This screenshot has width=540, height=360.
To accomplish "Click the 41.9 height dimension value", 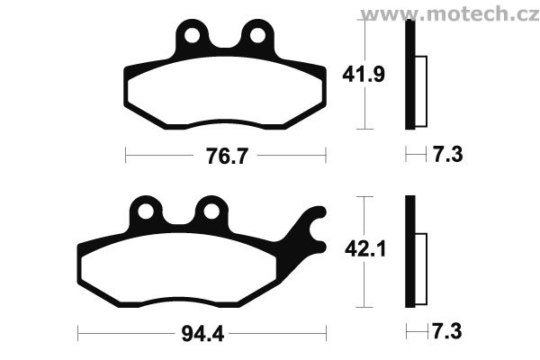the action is click(364, 75).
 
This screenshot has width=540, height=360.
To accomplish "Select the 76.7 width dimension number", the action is click(227, 156).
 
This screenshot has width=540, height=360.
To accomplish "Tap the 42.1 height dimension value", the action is click(365, 248).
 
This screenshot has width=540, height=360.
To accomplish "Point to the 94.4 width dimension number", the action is click(202, 334).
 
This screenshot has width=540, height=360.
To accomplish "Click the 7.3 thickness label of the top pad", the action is click(447, 154).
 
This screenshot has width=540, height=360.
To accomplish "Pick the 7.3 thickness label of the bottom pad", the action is click(446, 331).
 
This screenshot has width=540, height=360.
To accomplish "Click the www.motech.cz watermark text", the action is click(450, 14).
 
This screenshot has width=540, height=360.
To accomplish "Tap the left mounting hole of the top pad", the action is click(193, 35).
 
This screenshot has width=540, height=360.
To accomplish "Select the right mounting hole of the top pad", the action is click(257, 35).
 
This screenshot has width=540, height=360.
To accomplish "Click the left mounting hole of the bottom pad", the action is click(146, 211).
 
